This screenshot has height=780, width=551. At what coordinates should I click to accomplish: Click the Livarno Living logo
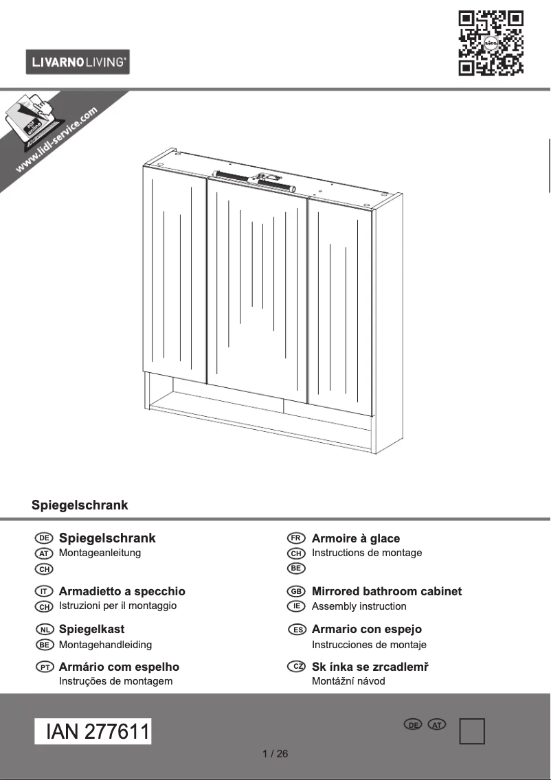(x=78, y=62)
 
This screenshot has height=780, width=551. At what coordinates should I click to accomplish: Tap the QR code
(x=491, y=42)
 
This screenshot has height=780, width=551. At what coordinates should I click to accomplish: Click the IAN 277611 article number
(x=93, y=732)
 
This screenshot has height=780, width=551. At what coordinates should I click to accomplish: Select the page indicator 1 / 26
(x=275, y=754)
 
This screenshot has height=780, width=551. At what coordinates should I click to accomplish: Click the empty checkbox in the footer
(x=472, y=731)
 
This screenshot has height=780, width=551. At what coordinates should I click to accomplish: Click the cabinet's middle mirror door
(x=257, y=288)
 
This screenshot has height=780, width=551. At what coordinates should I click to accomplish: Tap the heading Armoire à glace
(x=355, y=538)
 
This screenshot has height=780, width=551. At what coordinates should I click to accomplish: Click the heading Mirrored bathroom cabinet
(x=386, y=591)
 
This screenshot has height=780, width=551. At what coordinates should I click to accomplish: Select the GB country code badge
(x=296, y=591)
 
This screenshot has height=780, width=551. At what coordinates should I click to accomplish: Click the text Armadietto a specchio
(x=122, y=591)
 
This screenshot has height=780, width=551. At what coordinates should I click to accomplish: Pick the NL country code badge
(x=44, y=629)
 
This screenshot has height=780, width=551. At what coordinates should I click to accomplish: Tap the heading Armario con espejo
(x=366, y=629)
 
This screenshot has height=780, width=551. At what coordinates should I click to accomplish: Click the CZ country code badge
(x=296, y=667)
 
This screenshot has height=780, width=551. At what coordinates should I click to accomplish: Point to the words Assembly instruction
(x=359, y=606)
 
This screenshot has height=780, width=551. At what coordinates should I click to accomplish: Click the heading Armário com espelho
(x=119, y=667)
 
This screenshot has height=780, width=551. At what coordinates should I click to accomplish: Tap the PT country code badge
(x=44, y=667)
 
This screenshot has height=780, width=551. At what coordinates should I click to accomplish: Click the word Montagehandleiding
(x=105, y=645)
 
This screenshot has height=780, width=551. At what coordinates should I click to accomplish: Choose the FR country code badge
(x=296, y=538)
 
